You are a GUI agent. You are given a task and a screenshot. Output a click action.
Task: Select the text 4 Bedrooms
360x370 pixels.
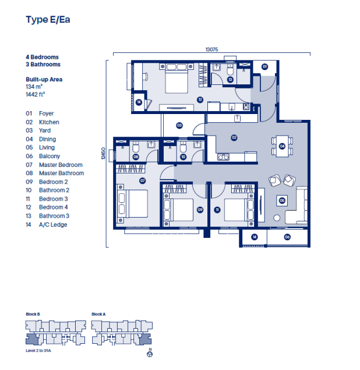tap(42, 57)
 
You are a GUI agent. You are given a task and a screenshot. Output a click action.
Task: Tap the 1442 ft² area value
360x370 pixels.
tap(36, 93)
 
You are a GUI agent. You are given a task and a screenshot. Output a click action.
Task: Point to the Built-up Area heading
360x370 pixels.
tap(44, 79)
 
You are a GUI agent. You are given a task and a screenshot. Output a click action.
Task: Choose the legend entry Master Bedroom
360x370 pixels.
tap(61, 165)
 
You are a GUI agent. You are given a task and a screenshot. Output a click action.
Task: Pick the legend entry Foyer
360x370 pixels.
tap(46, 113)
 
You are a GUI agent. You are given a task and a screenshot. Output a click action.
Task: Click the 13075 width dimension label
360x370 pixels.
tap(211, 50)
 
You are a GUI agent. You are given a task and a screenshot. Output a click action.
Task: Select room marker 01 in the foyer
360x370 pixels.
tap(264, 67)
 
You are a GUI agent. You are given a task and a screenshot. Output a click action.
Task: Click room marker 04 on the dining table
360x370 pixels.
tap(282, 147)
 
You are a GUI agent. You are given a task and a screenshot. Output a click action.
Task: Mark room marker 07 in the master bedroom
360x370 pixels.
tap(142, 181)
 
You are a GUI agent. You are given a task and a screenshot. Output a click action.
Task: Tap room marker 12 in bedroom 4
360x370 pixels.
tap(200, 99)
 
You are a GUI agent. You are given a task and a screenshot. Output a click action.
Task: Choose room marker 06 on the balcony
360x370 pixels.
tap(287, 237)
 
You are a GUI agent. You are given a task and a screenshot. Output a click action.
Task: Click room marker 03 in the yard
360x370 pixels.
tap(179, 125)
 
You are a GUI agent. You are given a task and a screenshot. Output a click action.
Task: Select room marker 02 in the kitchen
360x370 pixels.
tap(234, 138)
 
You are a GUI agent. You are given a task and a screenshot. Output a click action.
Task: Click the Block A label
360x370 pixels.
tap(98, 314)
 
